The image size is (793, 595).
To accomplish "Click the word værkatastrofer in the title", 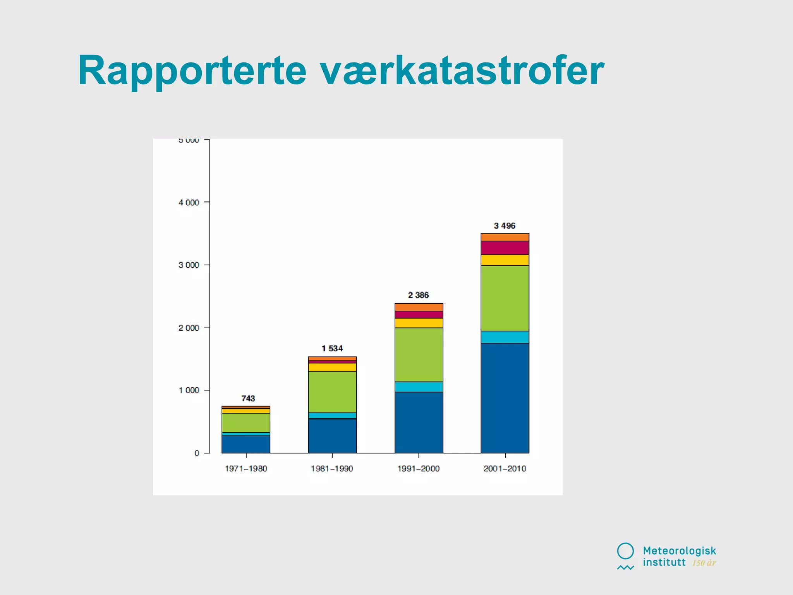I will click(461, 71).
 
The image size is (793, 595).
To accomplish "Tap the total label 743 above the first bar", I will click(248, 399).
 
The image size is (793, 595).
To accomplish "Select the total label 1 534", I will click(332, 349).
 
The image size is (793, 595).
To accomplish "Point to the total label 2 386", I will click(418, 295).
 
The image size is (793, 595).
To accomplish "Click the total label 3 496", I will click(505, 226).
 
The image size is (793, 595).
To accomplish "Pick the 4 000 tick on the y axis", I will click(189, 203).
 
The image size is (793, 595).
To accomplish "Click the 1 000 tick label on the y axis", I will click(189, 390).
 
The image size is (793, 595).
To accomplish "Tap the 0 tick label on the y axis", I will click(197, 453).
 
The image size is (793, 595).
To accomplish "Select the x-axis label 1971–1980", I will click(246, 469).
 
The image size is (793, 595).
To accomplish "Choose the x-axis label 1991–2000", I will click(418, 469).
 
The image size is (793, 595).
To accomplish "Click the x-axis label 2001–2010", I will click(505, 469).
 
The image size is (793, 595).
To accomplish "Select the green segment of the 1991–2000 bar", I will click(419, 354).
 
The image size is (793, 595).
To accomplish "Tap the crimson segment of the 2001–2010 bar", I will click(505, 248).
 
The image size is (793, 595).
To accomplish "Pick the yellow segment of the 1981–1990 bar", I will click(332, 367).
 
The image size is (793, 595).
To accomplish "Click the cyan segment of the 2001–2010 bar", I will click(505, 337).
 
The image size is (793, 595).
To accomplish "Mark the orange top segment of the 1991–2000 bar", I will click(419, 307).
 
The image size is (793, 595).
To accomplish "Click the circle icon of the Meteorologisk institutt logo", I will click(625, 551).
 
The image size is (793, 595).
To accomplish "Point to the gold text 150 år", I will click(704, 563).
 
